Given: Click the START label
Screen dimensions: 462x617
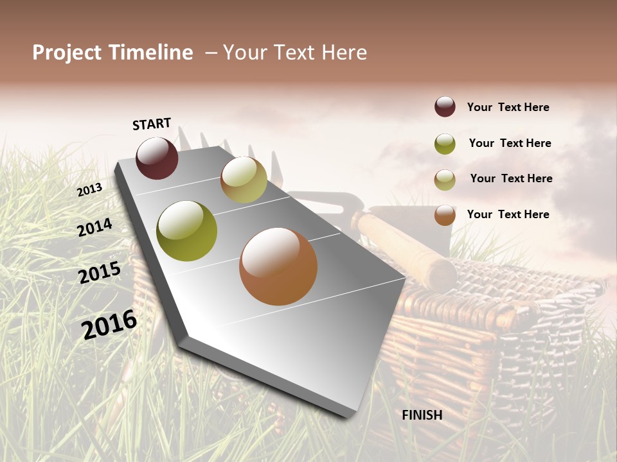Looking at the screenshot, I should click(152, 124).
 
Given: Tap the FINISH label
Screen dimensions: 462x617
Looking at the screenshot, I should click(422, 415).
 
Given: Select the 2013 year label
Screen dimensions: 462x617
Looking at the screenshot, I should click(90, 190).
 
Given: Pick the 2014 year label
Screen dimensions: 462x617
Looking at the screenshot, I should click(95, 228).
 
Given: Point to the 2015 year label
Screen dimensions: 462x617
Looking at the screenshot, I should click(100, 273).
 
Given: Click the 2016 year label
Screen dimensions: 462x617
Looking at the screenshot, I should click(110, 324).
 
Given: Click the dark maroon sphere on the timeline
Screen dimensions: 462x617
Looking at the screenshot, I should click(157, 158).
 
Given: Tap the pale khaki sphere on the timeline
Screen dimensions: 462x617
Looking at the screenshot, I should click(244, 180).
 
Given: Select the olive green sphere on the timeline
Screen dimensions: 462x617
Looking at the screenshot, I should click(186, 231).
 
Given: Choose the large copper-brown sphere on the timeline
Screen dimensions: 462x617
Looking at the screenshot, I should click(278, 266).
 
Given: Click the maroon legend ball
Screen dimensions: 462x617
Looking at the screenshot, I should click(445, 107).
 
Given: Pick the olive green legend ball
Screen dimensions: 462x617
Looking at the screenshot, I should click(445, 144).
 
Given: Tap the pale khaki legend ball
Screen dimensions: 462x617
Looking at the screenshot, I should click(445, 180).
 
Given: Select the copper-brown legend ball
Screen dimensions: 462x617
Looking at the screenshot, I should click(445, 215).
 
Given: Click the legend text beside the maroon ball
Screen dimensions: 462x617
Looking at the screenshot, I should click(508, 107).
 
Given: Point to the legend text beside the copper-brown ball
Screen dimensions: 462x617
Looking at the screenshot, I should click(508, 214).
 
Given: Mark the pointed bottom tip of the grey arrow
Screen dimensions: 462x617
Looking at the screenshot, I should click(350, 416).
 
